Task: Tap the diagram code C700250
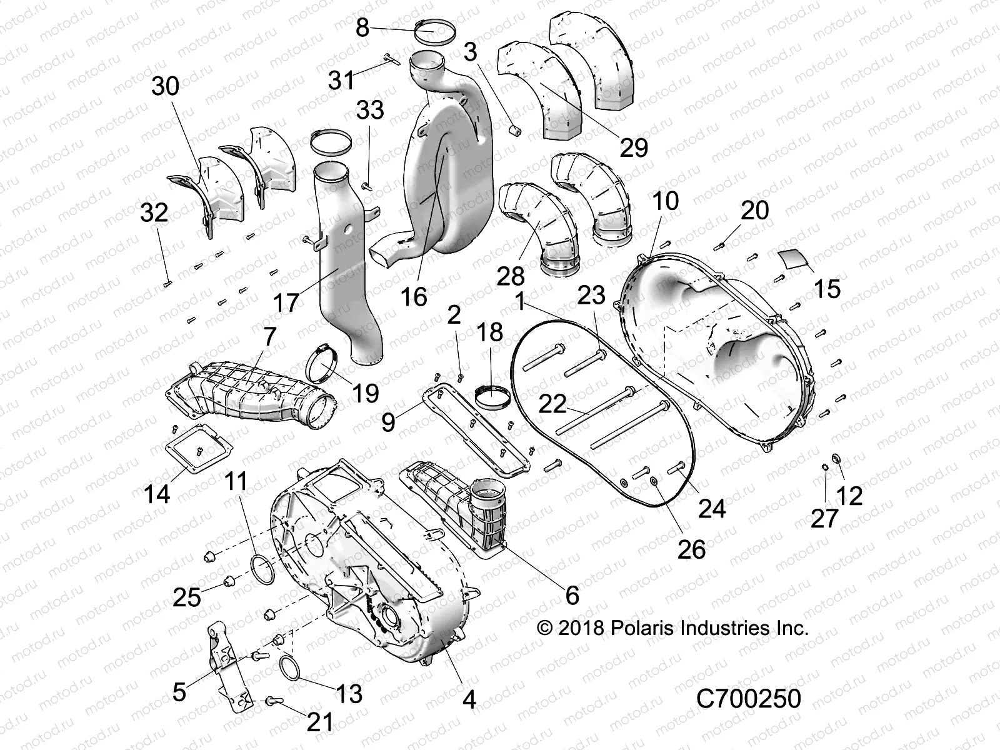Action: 748,699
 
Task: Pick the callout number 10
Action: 666,202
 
